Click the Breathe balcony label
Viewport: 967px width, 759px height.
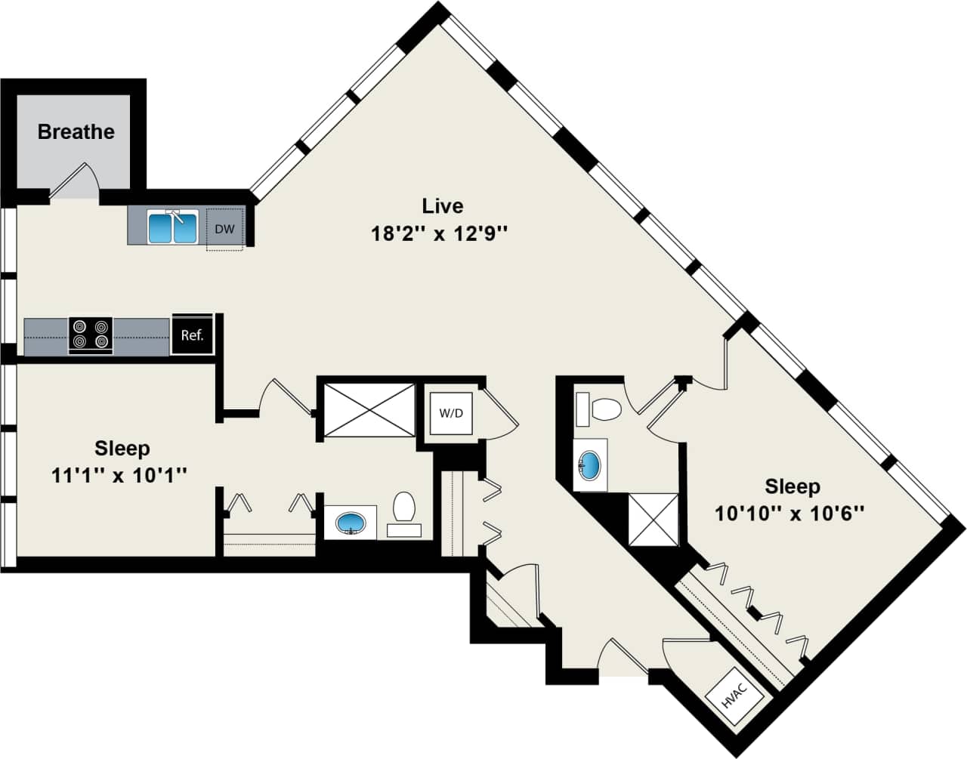point(76,131)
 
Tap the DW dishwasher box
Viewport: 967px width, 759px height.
point(224,229)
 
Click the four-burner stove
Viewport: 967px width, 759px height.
point(91,335)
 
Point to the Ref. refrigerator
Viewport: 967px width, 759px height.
point(192,335)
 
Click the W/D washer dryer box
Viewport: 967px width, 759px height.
point(451,413)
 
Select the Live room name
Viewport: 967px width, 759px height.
point(442,205)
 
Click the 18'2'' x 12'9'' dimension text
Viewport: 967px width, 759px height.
point(438,234)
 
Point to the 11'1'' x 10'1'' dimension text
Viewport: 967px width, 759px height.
point(119,476)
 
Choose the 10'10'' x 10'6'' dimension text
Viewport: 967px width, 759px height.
point(789,514)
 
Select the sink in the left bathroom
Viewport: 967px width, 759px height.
point(351,522)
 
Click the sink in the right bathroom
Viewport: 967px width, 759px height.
point(590,464)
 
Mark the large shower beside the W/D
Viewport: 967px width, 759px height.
point(369,409)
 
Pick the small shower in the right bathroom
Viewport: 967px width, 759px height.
point(655,518)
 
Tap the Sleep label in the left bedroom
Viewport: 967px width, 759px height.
point(122,448)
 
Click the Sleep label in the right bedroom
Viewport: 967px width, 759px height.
point(792,486)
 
